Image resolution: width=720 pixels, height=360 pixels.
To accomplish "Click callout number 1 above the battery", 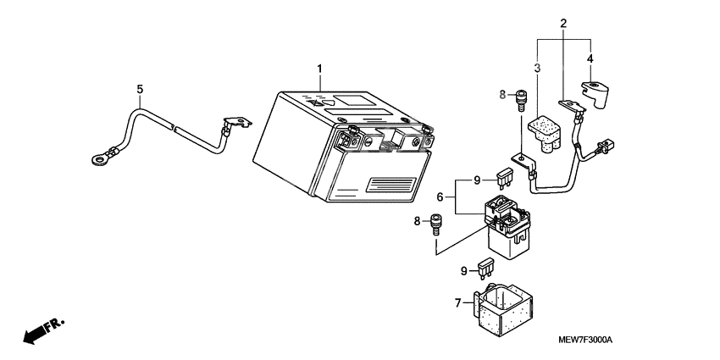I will (x=320, y=68).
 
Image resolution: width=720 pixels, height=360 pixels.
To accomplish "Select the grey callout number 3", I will (x=537, y=68).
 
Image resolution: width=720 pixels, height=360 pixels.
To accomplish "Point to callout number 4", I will (x=590, y=58).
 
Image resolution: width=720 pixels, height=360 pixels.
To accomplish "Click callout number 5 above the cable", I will (x=141, y=88).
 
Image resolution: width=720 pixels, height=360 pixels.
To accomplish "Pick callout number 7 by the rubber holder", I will (x=457, y=302).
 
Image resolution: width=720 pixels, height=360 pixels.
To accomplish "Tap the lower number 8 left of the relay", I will (x=416, y=221).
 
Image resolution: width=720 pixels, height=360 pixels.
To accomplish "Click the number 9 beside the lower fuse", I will (x=464, y=271).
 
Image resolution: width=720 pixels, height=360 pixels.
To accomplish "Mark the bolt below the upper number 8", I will (x=521, y=100).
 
